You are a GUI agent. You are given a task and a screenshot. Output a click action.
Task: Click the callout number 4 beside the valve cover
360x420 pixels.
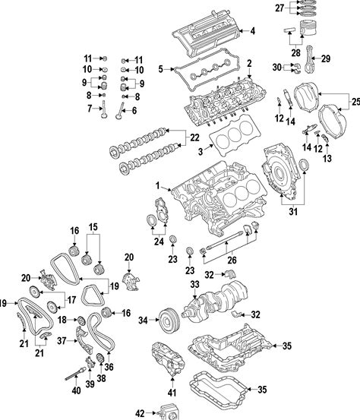(x=252, y=31)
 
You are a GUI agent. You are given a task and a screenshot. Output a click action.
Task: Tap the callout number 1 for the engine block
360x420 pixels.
(x=158, y=185)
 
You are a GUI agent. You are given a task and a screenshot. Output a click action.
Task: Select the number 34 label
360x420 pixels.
(x=144, y=320)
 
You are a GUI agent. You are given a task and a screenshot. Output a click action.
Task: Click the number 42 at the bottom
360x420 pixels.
(x=140, y=414)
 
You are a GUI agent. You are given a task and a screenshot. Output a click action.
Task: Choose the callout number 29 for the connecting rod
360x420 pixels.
(x=326, y=58)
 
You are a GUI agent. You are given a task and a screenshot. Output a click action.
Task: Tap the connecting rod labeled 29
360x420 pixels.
(x=310, y=59)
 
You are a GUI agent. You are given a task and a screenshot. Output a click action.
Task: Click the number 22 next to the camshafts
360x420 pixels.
(x=194, y=137)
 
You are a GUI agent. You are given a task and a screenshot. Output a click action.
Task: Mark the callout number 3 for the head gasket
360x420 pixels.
(x=201, y=152)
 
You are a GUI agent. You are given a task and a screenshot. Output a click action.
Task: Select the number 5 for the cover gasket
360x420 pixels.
(x=160, y=69)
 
